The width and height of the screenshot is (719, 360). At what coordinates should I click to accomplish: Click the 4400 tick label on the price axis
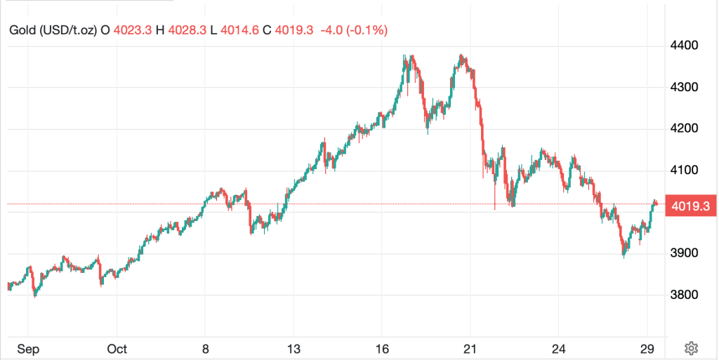pos(685,46)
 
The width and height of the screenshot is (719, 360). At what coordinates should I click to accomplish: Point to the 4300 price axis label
pos(685,87)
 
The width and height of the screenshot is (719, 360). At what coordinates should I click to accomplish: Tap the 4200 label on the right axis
pos(685,128)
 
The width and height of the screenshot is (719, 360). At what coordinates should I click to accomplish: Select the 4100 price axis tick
pos(685,170)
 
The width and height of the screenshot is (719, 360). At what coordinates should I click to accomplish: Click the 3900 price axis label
pos(685,253)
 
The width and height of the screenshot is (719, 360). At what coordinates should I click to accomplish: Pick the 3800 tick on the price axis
pos(685,295)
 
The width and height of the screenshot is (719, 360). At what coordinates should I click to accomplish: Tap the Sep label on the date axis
pos(28,349)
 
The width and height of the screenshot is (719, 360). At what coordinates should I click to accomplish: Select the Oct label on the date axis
pos(117,349)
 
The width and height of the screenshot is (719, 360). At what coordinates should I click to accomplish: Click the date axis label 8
pos(205,349)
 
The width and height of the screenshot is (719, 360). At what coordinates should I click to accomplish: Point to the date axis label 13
pos(293,349)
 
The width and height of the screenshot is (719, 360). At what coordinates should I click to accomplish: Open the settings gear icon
pos(691,348)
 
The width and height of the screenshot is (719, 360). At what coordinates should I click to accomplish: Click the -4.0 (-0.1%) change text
pos(354,31)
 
